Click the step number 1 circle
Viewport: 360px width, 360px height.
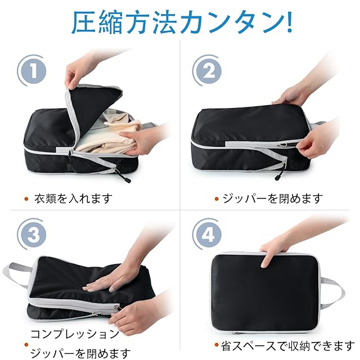[34, 71]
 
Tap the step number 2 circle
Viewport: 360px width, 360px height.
[209, 71]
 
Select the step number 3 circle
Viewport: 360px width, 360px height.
[34, 235]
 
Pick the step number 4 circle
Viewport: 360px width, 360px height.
[209, 235]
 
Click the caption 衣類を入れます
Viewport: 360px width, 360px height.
[73, 199]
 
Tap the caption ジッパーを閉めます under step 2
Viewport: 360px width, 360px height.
[272, 199]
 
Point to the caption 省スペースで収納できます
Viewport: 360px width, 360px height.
[287, 346]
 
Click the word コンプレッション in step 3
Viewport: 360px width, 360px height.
[75, 334]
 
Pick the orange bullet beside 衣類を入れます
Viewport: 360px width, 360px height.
[26, 199]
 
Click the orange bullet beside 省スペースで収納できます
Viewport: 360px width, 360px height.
[216, 344]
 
